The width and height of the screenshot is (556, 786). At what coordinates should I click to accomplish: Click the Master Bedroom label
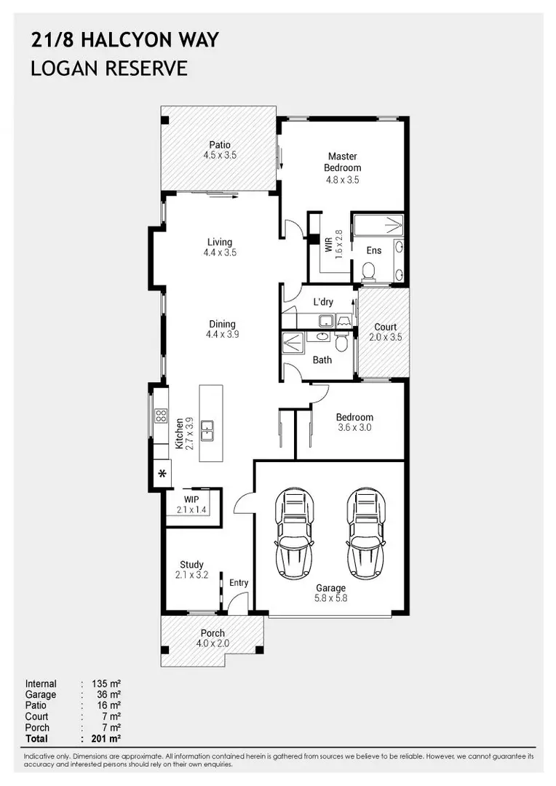tap(343, 162)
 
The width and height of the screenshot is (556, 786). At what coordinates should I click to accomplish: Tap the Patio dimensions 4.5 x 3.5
tap(220, 156)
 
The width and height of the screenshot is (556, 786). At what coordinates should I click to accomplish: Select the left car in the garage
tap(294, 533)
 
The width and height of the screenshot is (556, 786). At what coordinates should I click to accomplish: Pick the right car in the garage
tap(367, 533)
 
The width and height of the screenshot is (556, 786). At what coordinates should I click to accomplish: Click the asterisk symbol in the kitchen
tap(162, 474)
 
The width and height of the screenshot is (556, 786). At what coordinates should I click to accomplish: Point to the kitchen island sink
tap(207, 431)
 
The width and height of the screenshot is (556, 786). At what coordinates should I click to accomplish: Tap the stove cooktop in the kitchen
tap(161, 415)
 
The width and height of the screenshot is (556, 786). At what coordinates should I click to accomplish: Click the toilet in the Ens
tap(368, 272)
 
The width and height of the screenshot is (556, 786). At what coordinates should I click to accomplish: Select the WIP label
tap(191, 499)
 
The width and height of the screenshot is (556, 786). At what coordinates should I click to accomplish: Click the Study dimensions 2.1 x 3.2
tap(191, 575)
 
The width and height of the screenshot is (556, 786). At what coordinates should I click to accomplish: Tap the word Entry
tap(239, 582)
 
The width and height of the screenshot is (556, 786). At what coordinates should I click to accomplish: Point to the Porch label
tap(213, 633)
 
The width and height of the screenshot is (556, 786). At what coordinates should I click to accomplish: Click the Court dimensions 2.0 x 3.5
tap(386, 338)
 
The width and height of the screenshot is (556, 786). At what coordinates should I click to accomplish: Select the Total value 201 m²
tap(106, 739)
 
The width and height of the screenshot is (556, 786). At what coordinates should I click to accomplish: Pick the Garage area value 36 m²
tap(108, 694)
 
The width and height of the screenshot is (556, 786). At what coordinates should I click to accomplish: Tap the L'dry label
tap(323, 302)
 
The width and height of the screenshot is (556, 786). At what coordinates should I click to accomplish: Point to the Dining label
tap(222, 325)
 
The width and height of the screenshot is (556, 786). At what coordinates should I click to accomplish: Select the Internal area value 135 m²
tap(106, 683)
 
